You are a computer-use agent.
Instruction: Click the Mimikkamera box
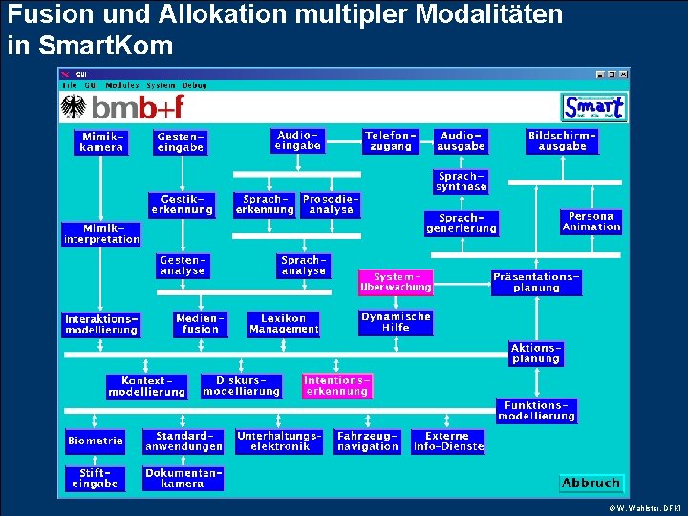point(100,142)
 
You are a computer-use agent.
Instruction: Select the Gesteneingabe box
point(181,142)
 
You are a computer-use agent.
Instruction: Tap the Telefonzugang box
point(391,141)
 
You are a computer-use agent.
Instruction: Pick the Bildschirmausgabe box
point(562,141)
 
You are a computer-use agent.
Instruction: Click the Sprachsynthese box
point(462,182)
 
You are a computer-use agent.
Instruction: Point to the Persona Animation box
point(591,222)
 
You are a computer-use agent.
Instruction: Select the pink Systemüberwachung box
point(396,282)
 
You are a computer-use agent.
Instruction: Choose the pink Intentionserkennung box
point(336,386)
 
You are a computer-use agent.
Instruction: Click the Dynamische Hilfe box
point(396,322)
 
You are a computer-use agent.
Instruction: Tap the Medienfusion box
point(201,324)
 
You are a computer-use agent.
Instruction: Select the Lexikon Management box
point(284,324)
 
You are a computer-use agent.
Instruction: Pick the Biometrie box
point(96,441)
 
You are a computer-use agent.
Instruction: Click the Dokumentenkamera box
point(183,479)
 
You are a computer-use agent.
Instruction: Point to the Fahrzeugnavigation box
point(367,441)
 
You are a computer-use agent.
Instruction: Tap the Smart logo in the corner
point(593,107)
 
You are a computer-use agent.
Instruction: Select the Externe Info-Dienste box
point(448,441)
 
